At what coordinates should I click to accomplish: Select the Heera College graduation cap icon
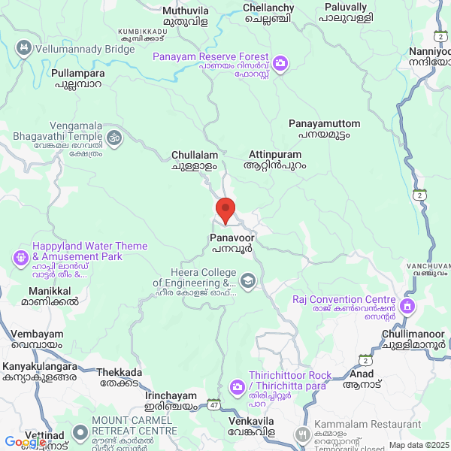(248, 282)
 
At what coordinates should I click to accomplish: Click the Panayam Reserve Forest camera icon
(280, 63)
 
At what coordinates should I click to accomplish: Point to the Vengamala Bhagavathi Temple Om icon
(114, 138)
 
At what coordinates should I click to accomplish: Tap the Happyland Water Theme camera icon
(20, 257)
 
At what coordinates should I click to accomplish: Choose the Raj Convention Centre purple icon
(407, 305)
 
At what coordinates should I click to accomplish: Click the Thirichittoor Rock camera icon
(237, 386)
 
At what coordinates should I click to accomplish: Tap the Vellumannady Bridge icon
(24, 49)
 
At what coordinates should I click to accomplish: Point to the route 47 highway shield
(214, 404)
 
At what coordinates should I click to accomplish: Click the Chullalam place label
(195, 159)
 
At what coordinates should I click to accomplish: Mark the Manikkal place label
(53, 295)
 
